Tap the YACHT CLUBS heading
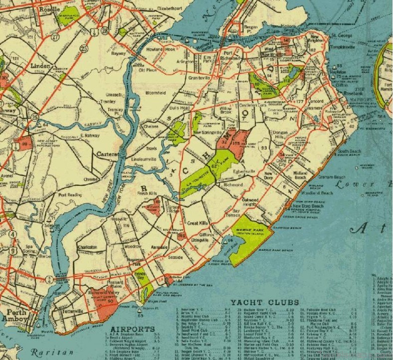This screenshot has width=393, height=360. click(264, 302)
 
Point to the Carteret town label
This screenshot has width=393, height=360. click(108, 155)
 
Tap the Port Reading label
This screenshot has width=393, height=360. click(69, 195)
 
